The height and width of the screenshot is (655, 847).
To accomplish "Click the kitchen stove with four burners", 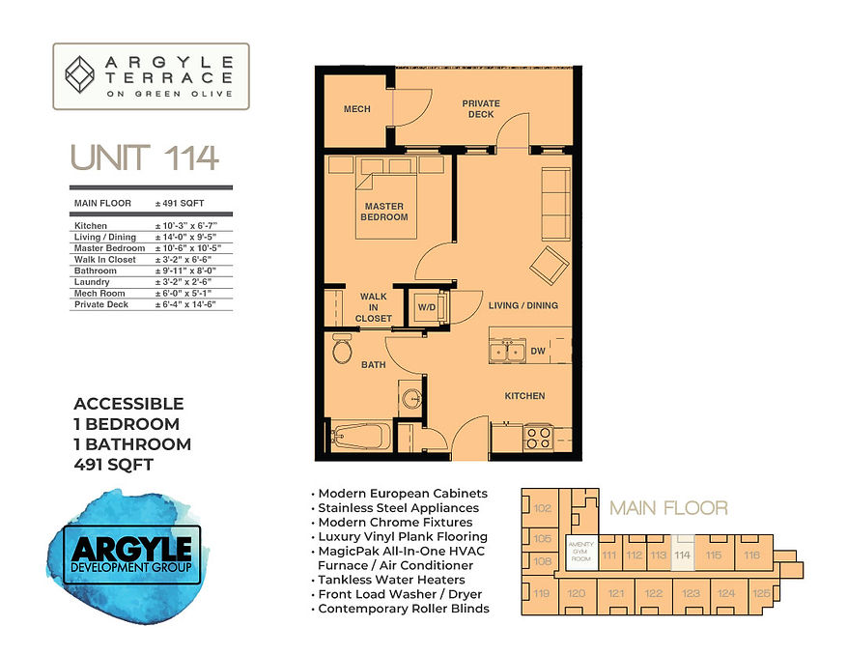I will point(536,437).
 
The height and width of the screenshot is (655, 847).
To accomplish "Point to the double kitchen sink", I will point(507,352).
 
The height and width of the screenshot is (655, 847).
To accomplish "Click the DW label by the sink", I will point(538,353).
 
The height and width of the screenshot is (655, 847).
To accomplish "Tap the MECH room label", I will point(357,109).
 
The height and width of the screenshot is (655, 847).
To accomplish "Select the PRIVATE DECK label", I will point(480,108).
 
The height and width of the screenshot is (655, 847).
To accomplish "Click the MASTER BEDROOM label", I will point(385,212).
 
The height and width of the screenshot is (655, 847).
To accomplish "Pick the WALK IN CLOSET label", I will point(374,307).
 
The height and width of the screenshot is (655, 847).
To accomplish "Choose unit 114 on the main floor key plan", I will point(683,555).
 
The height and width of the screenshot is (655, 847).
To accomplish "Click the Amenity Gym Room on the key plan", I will point(579,551).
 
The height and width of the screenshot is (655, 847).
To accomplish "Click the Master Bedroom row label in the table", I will point(102,248).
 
